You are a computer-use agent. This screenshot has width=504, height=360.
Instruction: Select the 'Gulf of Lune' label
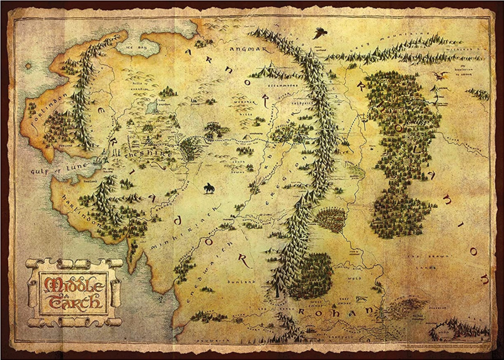click(x=56, y=169)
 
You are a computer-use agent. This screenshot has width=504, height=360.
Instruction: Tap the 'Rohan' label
click(x=338, y=311)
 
